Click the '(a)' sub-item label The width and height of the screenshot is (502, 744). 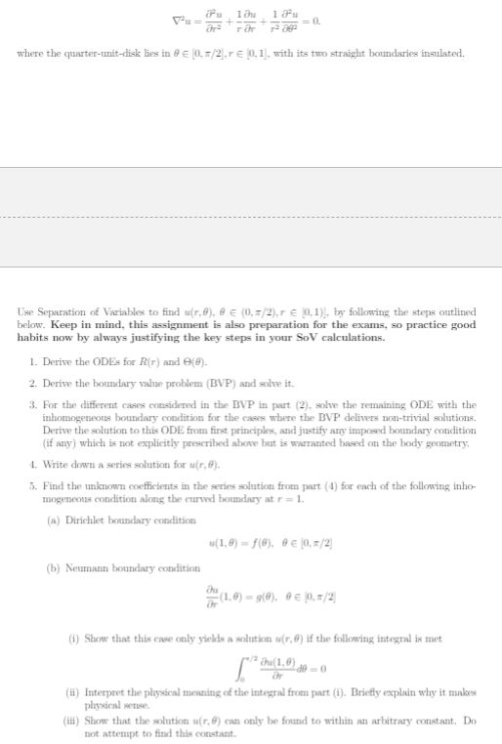pyautogui.click(x=55, y=520)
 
